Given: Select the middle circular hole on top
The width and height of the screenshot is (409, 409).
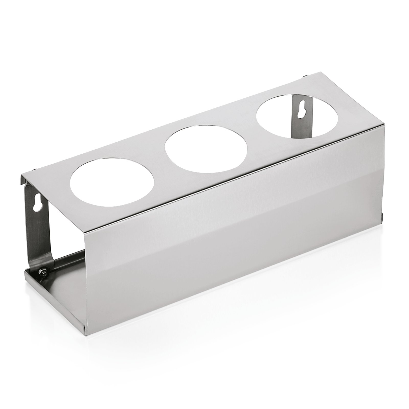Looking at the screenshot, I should pos(206,147).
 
